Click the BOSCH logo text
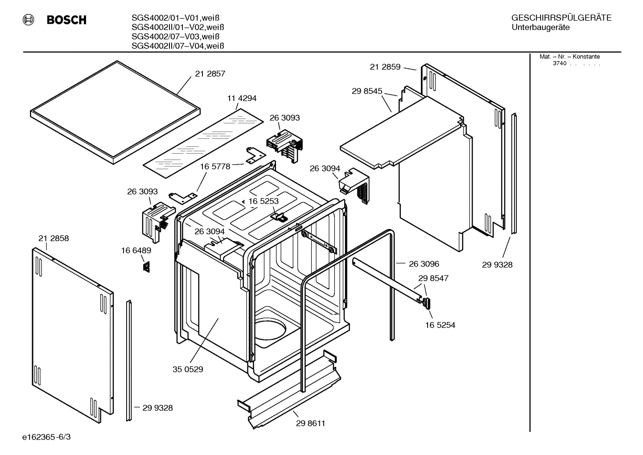pos(66,20)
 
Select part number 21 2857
pos(210,74)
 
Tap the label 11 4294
pos(242,98)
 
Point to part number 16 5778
pos(215,167)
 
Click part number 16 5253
pos(263,201)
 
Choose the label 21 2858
pos(54,238)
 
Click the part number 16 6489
pos(136,251)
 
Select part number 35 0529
pos(188,369)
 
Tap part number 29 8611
pos(310,423)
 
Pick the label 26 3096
pos(424,264)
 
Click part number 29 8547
pos(433,278)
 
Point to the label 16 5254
pos(440,325)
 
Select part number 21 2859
pos(385,67)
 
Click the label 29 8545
pos(367,91)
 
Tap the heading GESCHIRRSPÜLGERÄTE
pos(561,18)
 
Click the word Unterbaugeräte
pos(540,28)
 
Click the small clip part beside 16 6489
pos(146,267)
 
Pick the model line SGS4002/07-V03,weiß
pos(175,37)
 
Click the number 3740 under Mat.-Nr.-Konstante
pos(559,63)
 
